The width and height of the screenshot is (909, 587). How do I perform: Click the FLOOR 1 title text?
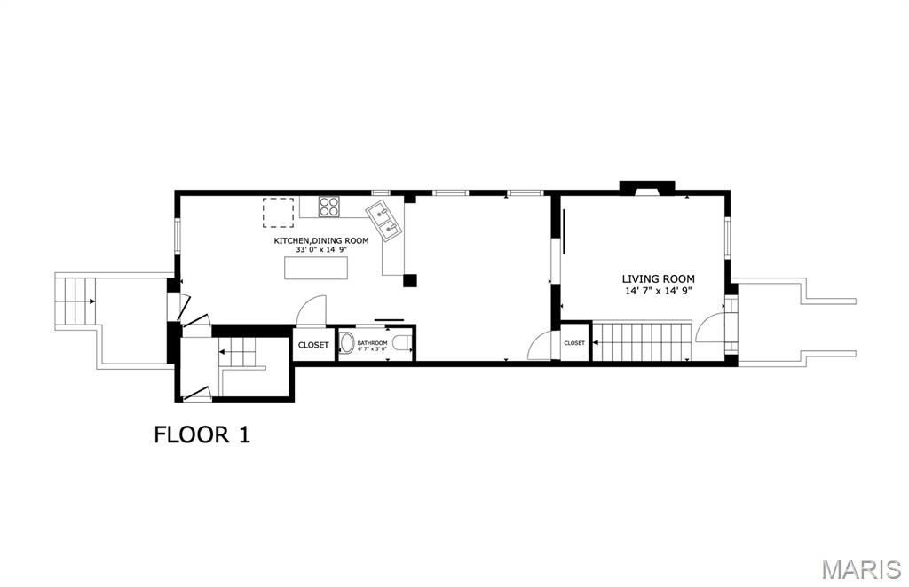pyautogui.click(x=202, y=434)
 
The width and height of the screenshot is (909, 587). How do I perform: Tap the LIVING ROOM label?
pyautogui.click(x=658, y=279)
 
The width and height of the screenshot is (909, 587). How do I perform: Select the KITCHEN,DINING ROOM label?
pyautogui.click(x=320, y=240)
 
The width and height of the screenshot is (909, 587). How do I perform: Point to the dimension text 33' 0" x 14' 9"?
pyautogui.click(x=320, y=250)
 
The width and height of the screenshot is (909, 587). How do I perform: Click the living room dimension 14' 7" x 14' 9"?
pyautogui.click(x=658, y=290)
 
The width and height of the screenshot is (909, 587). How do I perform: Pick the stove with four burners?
pyautogui.click(x=329, y=206)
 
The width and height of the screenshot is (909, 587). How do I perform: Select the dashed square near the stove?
pyautogui.click(x=278, y=213)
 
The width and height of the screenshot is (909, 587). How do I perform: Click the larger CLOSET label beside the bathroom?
pyautogui.click(x=313, y=345)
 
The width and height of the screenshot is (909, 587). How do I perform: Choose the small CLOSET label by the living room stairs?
pyautogui.click(x=574, y=343)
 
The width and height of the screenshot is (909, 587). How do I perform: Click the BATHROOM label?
pyautogui.click(x=373, y=342)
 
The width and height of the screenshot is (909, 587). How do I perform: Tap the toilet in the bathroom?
pyautogui.click(x=402, y=344)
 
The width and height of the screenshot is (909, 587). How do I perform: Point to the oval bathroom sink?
pyautogui.click(x=347, y=344)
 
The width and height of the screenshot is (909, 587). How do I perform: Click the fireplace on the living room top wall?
pyautogui.click(x=646, y=188)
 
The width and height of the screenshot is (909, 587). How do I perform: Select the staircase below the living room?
pyautogui.click(x=642, y=342)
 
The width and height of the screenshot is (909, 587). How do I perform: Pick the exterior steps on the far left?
pyautogui.click(x=75, y=302)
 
